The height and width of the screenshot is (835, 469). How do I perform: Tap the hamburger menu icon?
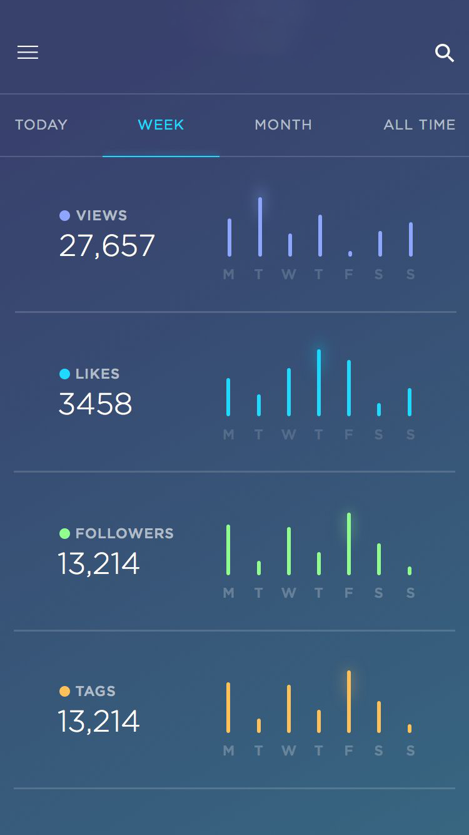point(28,53)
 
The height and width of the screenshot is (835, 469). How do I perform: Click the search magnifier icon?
point(444,53)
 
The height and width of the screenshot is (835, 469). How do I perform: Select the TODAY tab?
point(41,125)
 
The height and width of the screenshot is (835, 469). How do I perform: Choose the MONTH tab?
point(283,125)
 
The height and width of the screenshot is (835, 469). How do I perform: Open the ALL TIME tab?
point(419,125)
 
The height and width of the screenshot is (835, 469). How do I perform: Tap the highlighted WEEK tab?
point(161,125)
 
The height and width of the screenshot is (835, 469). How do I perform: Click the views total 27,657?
point(107,245)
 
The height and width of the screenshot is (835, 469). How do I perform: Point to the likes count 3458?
point(95,404)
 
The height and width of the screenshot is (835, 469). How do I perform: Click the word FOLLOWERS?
point(124,533)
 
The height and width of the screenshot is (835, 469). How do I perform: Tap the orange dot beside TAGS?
point(64,691)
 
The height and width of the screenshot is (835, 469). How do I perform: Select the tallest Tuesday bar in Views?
point(260,227)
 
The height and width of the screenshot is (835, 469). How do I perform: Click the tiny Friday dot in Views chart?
point(350,254)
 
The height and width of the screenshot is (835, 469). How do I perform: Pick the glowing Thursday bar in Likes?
point(319,382)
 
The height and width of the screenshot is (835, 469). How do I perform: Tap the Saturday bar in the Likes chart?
point(379,409)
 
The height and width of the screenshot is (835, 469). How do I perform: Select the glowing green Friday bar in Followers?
point(349,543)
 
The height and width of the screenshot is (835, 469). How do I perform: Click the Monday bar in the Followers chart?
point(228,550)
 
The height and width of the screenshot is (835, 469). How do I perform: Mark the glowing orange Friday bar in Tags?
point(349,701)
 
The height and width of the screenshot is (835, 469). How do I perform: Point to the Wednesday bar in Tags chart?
point(289,709)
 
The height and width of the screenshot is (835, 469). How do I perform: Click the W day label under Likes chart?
point(288,434)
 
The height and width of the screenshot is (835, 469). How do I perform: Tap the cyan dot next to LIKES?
point(64,374)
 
